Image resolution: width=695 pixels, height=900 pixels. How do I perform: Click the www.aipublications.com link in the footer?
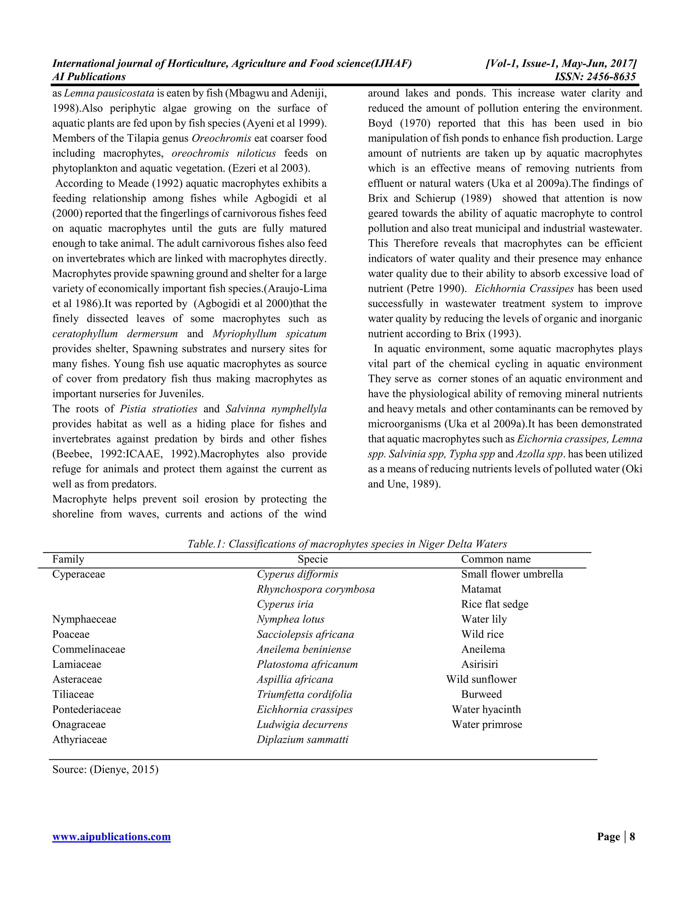(111, 837)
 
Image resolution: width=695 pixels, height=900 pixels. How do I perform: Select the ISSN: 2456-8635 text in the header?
(595, 77)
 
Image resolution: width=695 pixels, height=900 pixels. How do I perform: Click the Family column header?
(68, 559)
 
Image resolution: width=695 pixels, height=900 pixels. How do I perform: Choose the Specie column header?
(313, 559)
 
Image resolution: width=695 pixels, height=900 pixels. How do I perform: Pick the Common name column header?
(495, 559)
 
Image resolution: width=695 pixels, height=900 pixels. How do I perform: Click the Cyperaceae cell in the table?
(78, 574)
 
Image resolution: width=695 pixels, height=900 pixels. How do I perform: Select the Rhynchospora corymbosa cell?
(315, 589)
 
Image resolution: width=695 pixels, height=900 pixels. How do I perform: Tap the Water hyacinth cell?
(486, 709)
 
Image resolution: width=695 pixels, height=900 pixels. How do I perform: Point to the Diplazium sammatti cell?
(302, 739)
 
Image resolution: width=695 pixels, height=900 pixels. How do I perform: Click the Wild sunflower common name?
(481, 679)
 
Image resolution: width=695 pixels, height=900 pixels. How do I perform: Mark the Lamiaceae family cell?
(77, 664)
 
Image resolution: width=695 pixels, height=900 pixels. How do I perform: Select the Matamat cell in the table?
(481, 589)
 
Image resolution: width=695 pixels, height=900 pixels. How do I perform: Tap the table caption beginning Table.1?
(347, 544)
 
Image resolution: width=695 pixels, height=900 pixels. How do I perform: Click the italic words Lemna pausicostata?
(109, 93)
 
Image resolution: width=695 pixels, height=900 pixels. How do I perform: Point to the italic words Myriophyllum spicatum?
(269, 334)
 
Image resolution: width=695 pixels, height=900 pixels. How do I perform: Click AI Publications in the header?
(89, 77)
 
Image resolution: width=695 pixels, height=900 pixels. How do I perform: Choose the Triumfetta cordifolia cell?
(304, 695)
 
